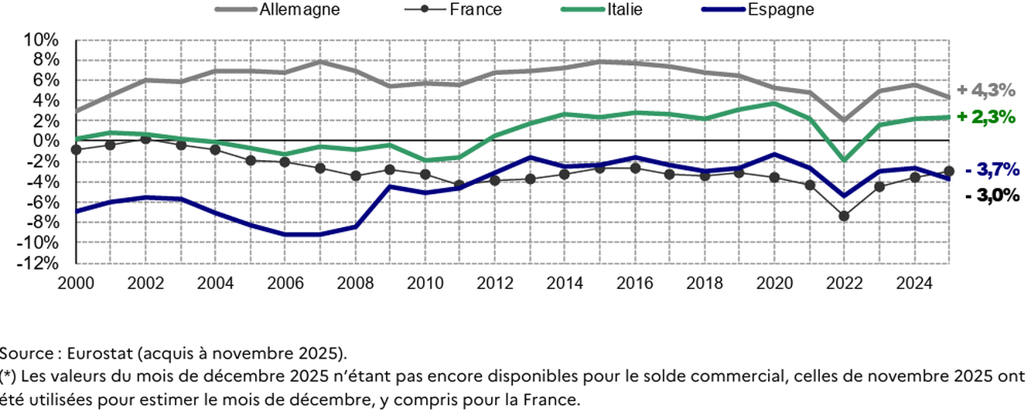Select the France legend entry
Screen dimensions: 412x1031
[475, 10]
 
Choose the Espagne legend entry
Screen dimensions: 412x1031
[780, 10]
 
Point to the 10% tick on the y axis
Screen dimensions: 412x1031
[42, 39]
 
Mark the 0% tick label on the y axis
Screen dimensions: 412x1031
[45, 141]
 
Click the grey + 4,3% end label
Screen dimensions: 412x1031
[986, 90]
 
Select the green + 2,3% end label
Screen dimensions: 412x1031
[986, 117]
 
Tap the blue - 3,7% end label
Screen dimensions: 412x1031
[992, 170]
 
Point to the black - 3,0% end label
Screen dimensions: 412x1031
[992, 196]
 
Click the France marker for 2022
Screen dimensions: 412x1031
[845, 216]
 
